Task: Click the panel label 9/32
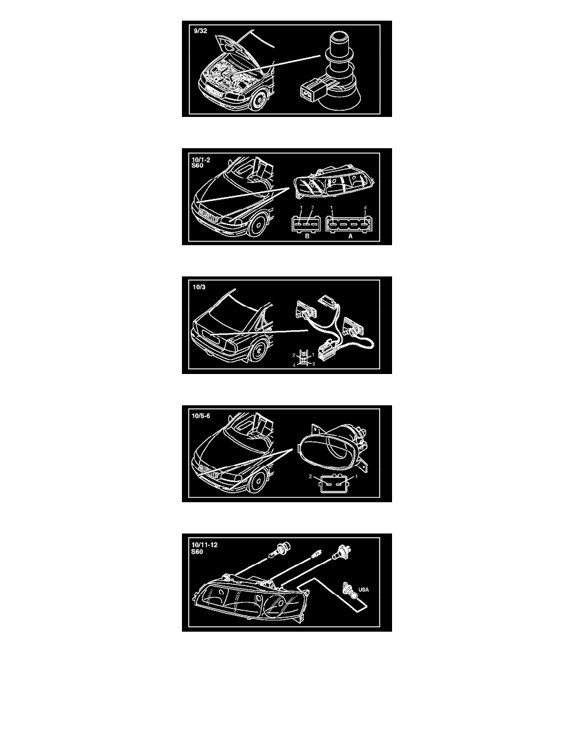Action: (200, 31)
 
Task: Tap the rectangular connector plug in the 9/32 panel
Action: (311, 90)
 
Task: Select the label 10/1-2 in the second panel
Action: (201, 159)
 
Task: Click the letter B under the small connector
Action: (307, 236)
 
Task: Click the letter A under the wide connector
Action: (350, 236)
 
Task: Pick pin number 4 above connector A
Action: (365, 208)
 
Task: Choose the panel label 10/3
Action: (199, 287)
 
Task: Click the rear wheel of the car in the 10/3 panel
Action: (259, 352)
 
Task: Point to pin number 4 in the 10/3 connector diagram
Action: (294, 365)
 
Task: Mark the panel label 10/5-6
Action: (201, 416)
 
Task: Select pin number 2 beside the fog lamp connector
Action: (311, 477)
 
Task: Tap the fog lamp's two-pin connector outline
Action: (335, 483)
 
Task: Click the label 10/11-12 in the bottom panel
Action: (204, 545)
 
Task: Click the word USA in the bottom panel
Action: (364, 590)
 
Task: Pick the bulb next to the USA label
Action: (348, 589)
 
